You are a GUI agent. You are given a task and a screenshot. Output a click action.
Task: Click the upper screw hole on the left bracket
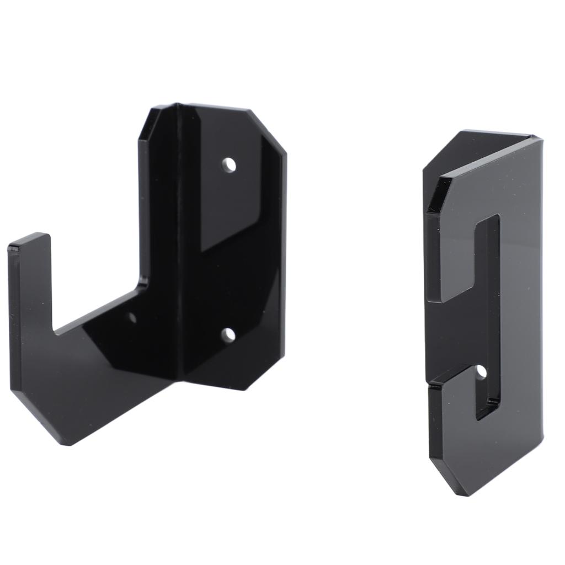(x=228, y=165)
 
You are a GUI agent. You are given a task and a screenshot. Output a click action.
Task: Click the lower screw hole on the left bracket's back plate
(x=228, y=334)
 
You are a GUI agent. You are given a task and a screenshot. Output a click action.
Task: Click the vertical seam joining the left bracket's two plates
(x=179, y=243)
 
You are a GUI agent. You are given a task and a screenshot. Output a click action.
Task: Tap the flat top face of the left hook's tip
(x=29, y=239)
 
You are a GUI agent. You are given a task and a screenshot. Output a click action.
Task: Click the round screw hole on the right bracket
(x=482, y=372)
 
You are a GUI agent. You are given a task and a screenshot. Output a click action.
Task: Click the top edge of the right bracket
(x=497, y=134)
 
